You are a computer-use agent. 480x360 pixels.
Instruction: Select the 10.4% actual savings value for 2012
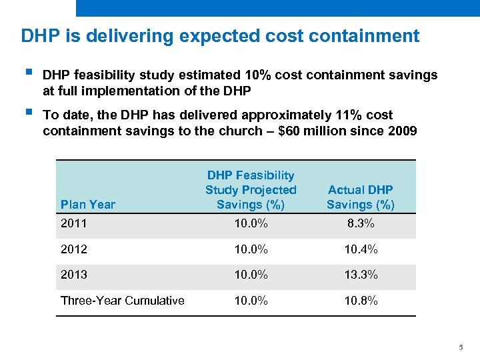coord(360,250)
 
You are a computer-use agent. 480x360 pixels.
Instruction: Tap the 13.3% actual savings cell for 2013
coord(360,275)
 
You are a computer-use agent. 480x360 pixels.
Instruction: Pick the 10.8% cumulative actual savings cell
coord(360,301)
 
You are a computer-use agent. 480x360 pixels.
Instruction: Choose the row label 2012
coord(74,250)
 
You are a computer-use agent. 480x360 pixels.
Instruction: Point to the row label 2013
coord(74,275)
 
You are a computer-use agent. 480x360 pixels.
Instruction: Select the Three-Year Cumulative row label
coord(122,301)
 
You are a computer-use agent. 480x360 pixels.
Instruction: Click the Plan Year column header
coord(87,205)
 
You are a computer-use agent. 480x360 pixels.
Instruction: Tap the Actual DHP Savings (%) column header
coord(360,197)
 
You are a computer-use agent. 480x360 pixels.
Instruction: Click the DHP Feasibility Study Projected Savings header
coord(251,190)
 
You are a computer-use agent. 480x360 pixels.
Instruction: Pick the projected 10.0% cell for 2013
coord(251,275)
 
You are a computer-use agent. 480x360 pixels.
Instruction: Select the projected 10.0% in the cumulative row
coord(251,301)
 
